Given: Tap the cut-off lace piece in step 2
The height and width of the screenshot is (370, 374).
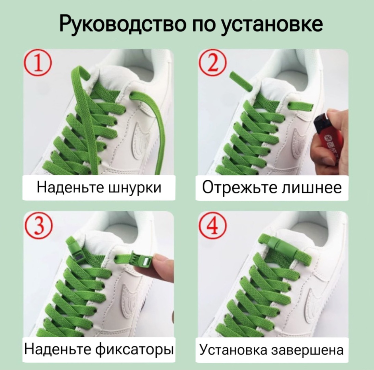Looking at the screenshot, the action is point(241,80).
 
